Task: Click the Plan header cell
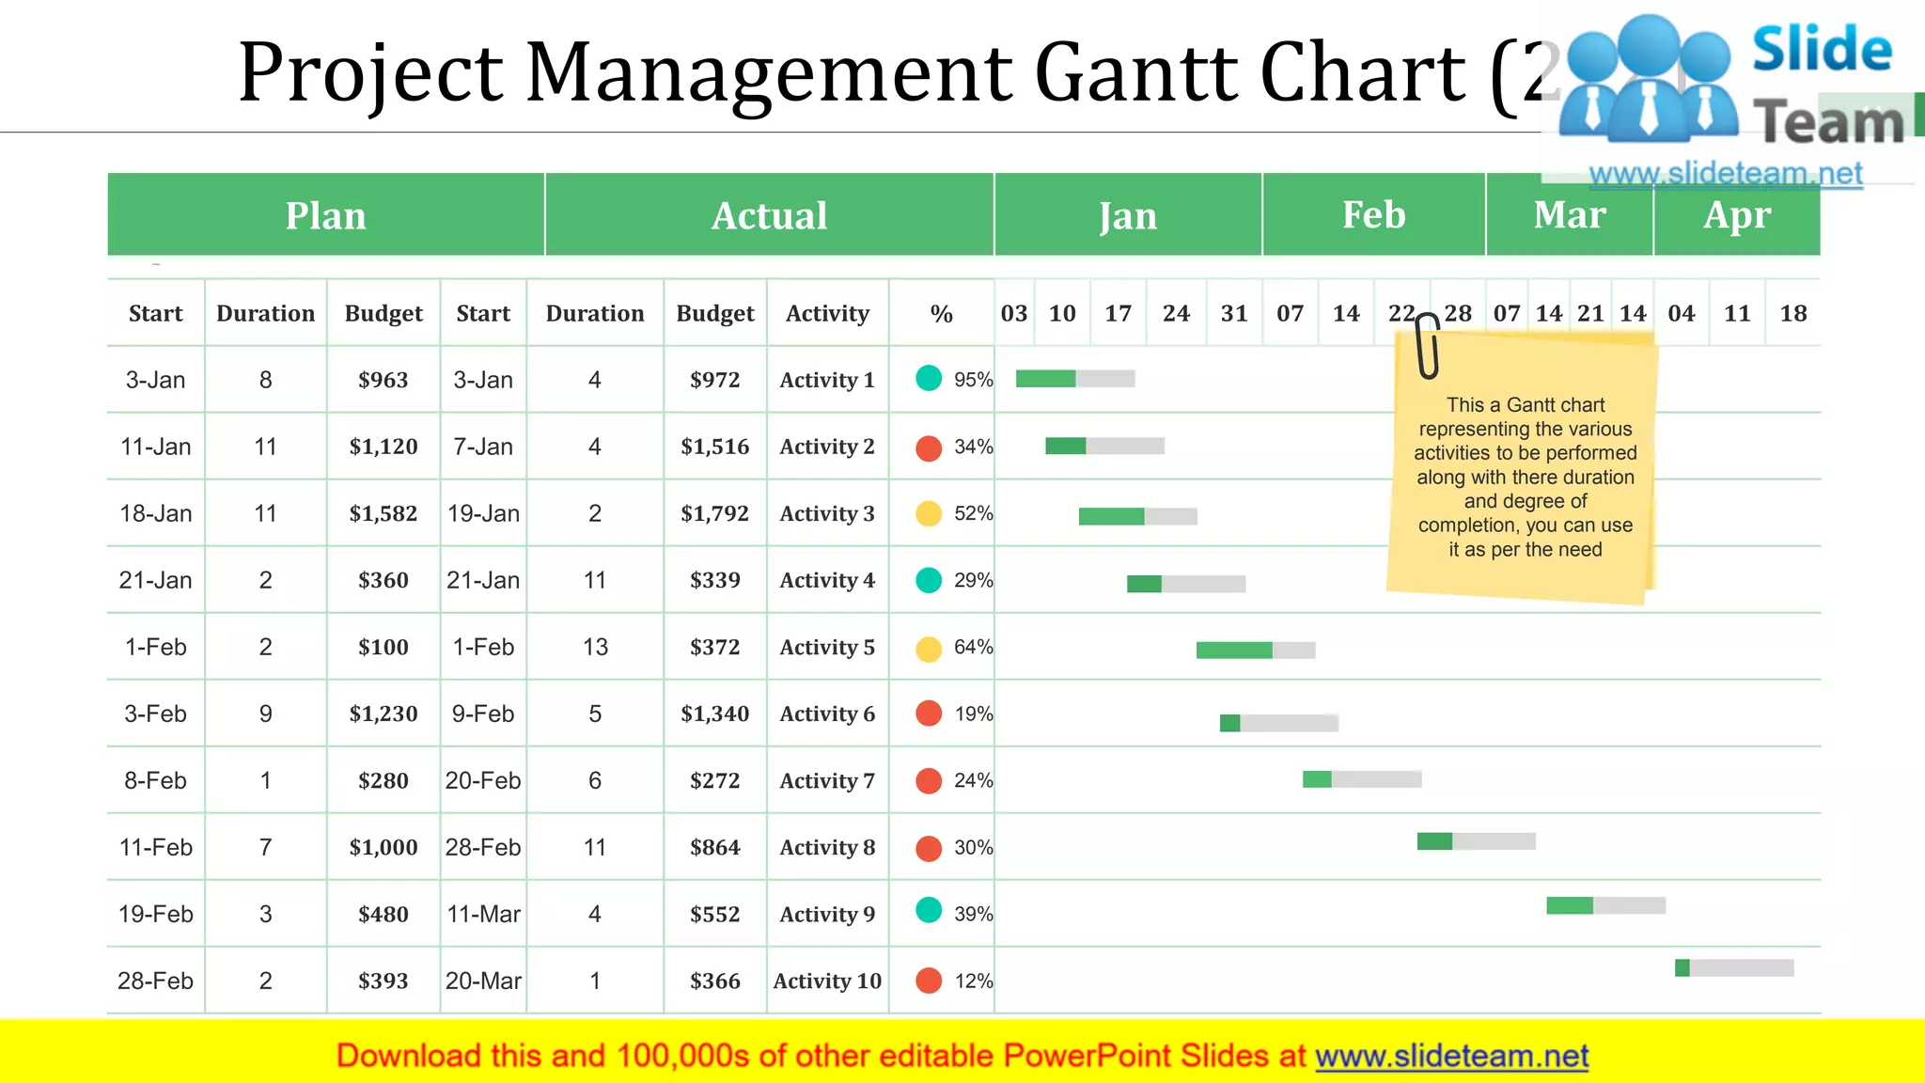[x=325, y=215]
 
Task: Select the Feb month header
[x=1373, y=215]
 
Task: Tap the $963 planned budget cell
[x=383, y=380]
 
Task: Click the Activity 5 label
[x=826, y=647]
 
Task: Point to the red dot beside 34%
[x=929, y=447]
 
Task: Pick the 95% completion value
[x=973, y=380]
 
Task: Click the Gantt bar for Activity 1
[x=1074, y=379]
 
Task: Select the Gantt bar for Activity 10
[x=1733, y=967]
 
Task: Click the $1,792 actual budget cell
[x=714, y=513]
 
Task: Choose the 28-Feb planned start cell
[x=155, y=981]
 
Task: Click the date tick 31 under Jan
[x=1233, y=313]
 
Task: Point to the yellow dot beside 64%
[x=929, y=649]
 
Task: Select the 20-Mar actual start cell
[x=483, y=981]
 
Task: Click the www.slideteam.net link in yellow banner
[x=1451, y=1056]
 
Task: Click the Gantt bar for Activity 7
[x=1361, y=778]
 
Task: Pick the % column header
[x=941, y=313]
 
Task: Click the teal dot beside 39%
[x=929, y=910]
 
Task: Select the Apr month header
[x=1736, y=215]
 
